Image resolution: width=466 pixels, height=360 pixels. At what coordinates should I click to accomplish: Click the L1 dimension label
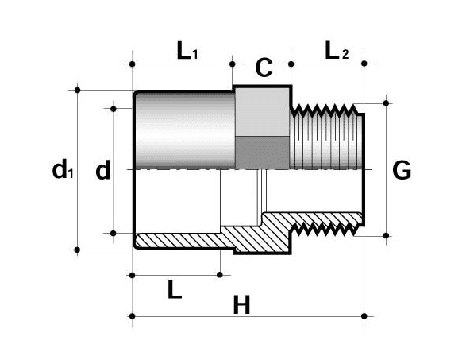coord(187,52)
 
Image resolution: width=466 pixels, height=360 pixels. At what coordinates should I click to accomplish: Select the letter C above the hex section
coord(264,68)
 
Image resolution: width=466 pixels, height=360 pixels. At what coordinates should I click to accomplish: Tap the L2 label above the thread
coord(337,52)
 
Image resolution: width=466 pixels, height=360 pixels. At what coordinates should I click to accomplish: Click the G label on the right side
coord(402,170)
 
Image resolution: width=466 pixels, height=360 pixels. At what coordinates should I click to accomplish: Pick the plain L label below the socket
coord(175,288)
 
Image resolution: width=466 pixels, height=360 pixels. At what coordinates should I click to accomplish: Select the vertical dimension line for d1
coord(78,207)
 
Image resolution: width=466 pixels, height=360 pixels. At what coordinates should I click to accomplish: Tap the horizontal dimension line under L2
coord(327,64)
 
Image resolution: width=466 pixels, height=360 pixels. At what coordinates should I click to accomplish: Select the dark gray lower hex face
coord(263,152)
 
